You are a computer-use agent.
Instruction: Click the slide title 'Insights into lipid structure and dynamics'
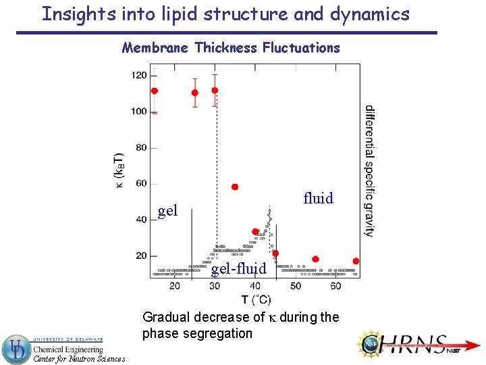click(x=225, y=14)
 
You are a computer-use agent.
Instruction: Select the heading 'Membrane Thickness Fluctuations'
click(x=231, y=48)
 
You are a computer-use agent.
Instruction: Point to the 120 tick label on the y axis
click(x=139, y=76)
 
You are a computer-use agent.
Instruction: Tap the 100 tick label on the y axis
click(x=139, y=112)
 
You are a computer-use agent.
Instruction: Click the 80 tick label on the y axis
click(x=141, y=147)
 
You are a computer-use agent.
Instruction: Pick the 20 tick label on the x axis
click(x=174, y=287)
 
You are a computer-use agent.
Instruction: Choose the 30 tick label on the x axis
click(x=215, y=287)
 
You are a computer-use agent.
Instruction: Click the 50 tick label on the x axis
click(x=296, y=287)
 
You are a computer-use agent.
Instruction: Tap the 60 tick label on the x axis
click(x=336, y=287)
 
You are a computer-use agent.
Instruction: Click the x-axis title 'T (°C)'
click(x=256, y=299)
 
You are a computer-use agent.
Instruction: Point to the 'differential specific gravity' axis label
click(x=370, y=170)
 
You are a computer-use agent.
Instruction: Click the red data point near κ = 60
click(x=235, y=187)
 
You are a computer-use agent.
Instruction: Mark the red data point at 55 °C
click(x=315, y=259)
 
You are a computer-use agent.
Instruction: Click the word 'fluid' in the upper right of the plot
click(x=319, y=198)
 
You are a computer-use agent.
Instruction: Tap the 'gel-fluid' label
click(x=239, y=270)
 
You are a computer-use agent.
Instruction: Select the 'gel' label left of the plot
click(x=167, y=211)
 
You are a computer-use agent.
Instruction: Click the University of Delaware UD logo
click(x=16, y=349)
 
